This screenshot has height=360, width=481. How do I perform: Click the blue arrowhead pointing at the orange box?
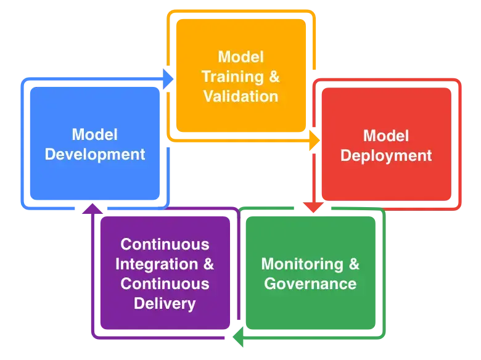168,79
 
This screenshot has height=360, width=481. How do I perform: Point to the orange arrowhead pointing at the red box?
314,141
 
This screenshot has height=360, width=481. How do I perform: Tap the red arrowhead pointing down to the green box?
313,208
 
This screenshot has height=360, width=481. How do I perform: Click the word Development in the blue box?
96,154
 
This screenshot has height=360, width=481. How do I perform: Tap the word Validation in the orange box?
240,96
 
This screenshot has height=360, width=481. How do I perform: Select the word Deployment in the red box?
386,156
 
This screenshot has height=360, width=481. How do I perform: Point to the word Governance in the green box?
310,284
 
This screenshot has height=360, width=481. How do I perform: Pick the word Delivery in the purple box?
165,303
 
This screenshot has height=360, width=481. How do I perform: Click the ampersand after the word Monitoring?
353,264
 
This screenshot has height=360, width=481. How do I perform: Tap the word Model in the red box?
386,136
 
